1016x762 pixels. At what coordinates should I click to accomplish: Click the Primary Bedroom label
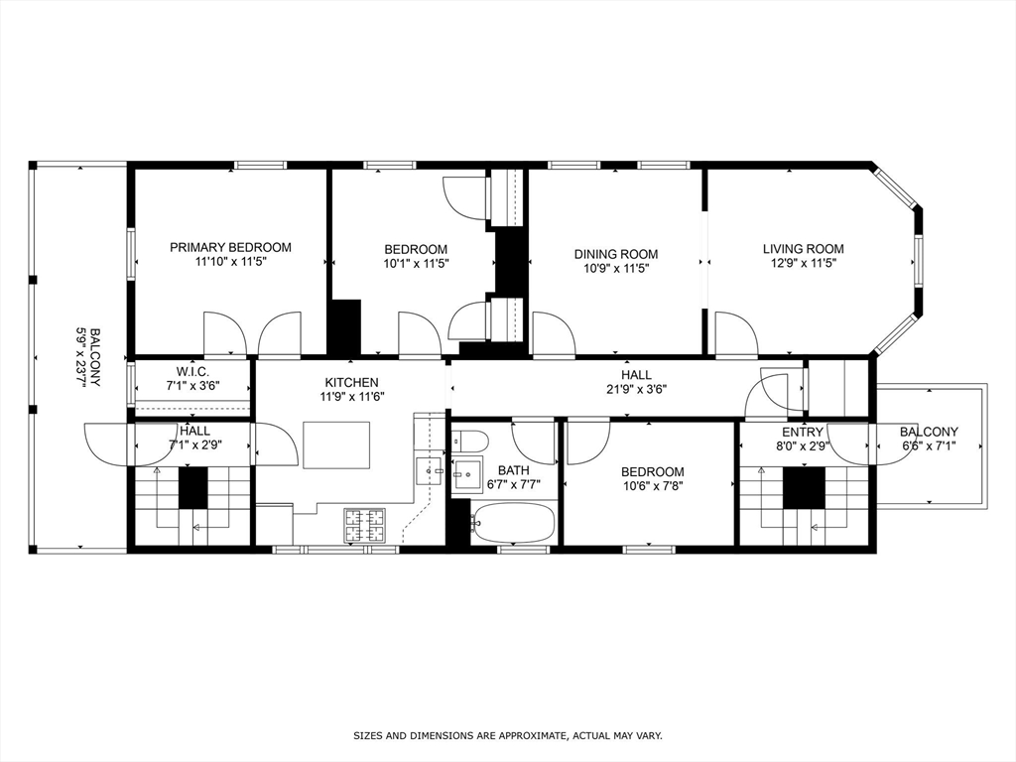230,247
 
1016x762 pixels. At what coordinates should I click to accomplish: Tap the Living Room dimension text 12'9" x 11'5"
803,264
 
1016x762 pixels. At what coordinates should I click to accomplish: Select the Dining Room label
615,254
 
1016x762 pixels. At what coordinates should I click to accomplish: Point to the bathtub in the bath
511,523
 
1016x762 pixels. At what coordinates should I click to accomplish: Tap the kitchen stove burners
364,526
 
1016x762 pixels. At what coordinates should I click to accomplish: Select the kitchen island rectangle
336,444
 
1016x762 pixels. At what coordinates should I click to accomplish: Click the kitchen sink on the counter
428,469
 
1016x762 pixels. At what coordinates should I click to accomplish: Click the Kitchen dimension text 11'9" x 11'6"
351,397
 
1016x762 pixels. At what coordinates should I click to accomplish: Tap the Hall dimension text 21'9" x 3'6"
636,389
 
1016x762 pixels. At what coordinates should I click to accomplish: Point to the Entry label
803,433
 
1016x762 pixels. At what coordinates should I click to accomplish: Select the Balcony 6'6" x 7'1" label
929,440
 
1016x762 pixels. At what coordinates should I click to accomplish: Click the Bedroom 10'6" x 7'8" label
652,479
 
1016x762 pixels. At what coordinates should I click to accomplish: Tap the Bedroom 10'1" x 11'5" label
416,257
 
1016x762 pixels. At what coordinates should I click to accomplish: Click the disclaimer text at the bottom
508,736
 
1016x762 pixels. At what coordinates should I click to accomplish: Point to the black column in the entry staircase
804,488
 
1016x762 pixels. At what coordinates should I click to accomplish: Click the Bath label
514,470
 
